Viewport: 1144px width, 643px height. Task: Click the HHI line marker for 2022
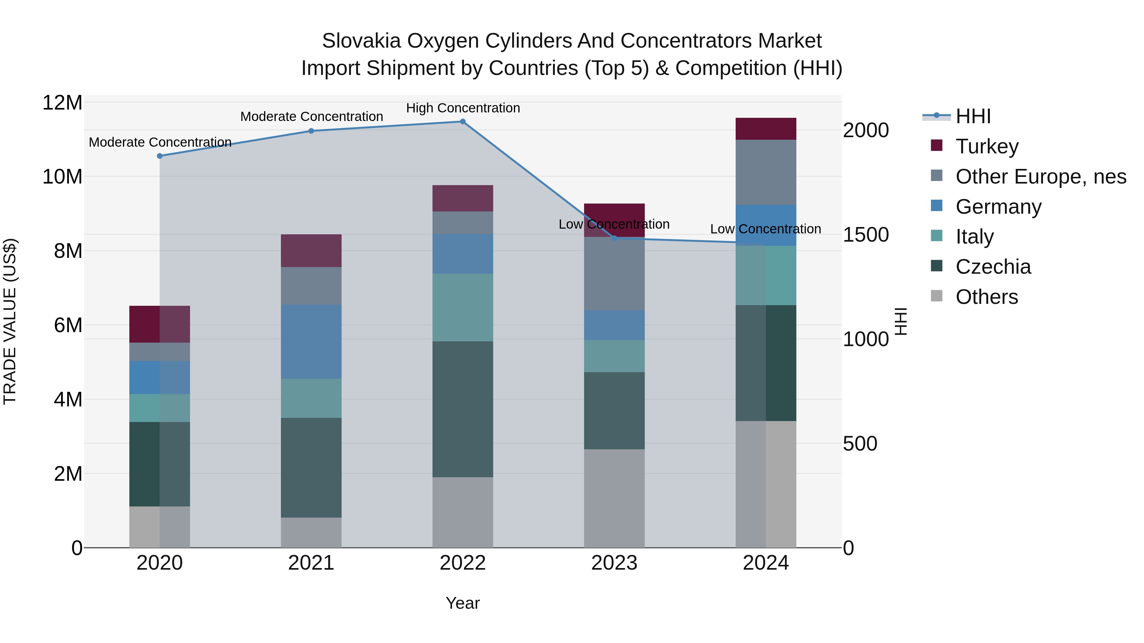coord(462,122)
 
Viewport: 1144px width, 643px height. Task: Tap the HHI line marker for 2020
coord(160,156)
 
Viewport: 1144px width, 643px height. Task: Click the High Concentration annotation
coord(463,108)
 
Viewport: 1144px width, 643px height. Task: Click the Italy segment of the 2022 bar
coord(462,307)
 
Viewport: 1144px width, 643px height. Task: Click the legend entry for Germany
coord(998,207)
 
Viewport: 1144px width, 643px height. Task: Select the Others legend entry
coord(986,297)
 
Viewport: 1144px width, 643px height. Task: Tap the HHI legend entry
coord(973,116)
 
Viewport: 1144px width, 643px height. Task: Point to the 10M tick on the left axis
coord(62,177)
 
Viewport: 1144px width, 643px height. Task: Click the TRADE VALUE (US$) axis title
coord(10,321)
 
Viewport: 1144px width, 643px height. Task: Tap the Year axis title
coord(462,603)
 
